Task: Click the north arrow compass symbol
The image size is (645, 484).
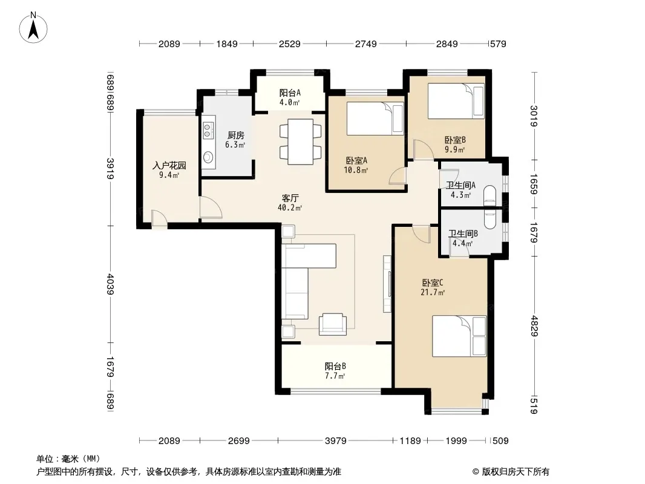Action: pyautogui.click(x=33, y=28)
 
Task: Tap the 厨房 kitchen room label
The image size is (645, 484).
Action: pyautogui.click(x=236, y=136)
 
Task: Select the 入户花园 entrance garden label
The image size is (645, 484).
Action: pyautogui.click(x=169, y=165)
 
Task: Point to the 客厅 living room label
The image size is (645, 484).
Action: pyautogui.click(x=290, y=198)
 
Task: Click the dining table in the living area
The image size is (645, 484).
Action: pyautogui.click(x=300, y=142)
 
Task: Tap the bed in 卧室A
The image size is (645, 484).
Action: pyautogui.click(x=375, y=119)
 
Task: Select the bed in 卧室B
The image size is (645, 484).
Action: pyautogui.click(x=456, y=101)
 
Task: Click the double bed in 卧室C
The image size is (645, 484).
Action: pyautogui.click(x=459, y=336)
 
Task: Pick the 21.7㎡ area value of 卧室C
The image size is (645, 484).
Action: pyautogui.click(x=433, y=292)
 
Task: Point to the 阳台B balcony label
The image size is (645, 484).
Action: pyautogui.click(x=335, y=366)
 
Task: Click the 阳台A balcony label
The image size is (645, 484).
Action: pyautogui.click(x=290, y=93)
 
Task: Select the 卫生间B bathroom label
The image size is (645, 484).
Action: pyautogui.click(x=463, y=234)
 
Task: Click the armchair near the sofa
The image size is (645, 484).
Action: pyautogui.click(x=333, y=324)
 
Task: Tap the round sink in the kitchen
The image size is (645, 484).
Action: pyautogui.click(x=208, y=157)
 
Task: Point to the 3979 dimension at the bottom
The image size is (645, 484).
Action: pyautogui.click(x=336, y=441)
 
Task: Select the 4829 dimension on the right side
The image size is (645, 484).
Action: pyautogui.click(x=534, y=325)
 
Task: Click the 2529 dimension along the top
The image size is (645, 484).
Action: pyautogui.click(x=290, y=44)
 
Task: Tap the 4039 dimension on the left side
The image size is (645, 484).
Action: pyautogui.click(x=110, y=284)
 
